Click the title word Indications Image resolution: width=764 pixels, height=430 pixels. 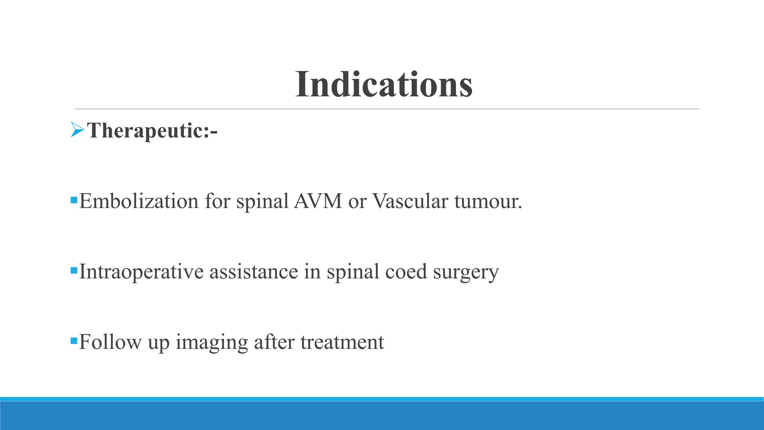(384, 85)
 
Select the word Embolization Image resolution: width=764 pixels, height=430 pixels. (139, 201)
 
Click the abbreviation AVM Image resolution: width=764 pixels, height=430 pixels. (318, 201)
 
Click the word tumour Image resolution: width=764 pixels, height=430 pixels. (488, 201)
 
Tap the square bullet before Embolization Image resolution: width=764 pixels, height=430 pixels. (73, 199)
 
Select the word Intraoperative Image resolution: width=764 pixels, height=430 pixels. (141, 271)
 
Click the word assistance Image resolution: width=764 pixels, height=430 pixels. (254, 271)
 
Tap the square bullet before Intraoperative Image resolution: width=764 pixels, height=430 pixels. (73, 269)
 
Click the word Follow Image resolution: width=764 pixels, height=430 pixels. (110, 342)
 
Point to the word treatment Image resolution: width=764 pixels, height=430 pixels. (342, 342)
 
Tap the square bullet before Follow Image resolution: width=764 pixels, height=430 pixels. (73, 340)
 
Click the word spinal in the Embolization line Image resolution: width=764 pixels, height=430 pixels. (262, 202)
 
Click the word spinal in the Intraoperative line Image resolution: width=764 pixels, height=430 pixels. (353, 272)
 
